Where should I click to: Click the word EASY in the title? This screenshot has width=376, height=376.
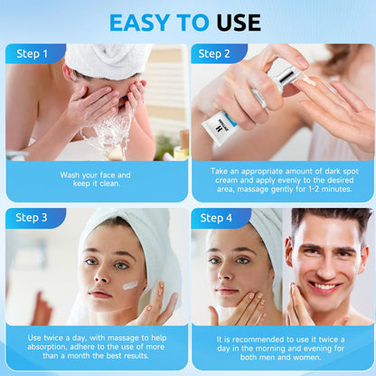click(139, 23)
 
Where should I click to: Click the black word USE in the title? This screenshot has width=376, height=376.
click(239, 23)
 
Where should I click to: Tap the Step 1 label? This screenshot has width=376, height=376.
click(32, 54)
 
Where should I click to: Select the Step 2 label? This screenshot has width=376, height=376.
click(214, 54)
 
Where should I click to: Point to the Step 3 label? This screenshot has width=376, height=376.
click(32, 218)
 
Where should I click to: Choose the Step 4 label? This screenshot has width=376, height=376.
click(216, 218)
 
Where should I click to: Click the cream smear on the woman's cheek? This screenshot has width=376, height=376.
click(130, 285)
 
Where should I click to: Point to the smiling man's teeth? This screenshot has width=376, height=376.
click(324, 287)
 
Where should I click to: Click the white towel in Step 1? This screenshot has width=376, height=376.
click(107, 61)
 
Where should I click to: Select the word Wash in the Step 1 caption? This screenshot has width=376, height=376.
click(70, 175)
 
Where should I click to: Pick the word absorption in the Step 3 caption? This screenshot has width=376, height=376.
click(47, 347)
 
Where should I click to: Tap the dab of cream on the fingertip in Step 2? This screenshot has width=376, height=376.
click(308, 80)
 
